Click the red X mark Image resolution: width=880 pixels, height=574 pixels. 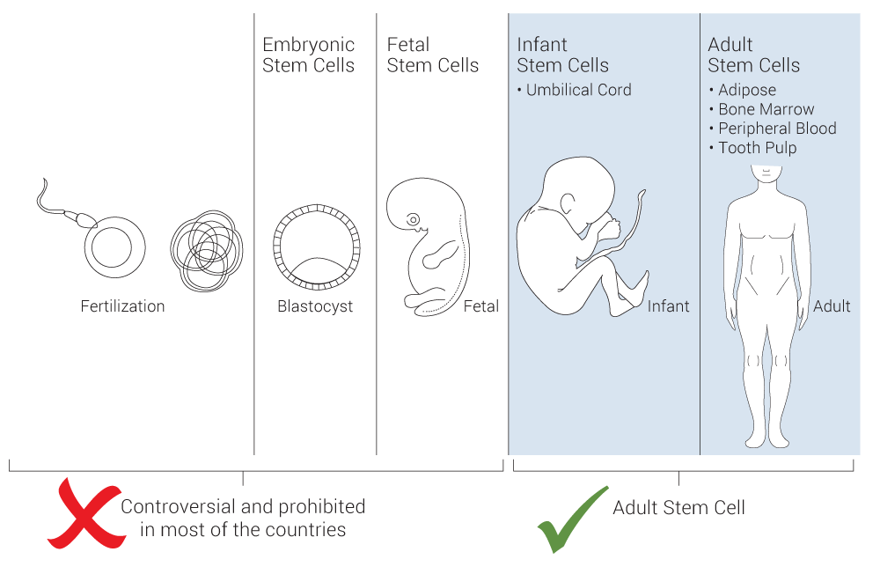click(87, 514)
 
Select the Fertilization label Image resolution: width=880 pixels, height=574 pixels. click(122, 306)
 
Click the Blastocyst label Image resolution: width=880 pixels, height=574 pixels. click(315, 306)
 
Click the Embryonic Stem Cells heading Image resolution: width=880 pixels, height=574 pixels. click(308, 55)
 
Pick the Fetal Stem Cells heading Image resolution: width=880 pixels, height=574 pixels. click(433, 55)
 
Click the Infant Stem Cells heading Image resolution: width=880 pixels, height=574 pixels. click(562, 55)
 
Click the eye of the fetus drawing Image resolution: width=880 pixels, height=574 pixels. click(413, 219)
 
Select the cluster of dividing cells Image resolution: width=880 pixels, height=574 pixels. click(207, 251)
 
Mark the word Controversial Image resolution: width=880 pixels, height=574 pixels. click(179, 506)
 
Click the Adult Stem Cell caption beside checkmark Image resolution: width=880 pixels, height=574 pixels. click(678, 508)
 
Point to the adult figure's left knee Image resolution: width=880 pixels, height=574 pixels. click(780, 361)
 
